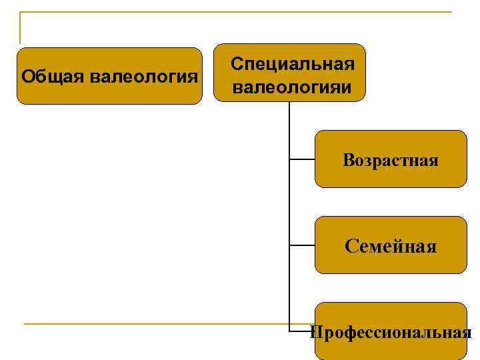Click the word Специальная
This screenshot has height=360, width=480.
(292, 64)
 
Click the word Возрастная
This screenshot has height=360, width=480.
(391, 161)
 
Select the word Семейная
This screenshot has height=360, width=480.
(391, 247)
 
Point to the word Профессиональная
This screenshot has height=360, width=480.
(391, 332)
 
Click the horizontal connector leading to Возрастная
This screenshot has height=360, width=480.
(302, 159)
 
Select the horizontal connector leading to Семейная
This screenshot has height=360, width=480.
(302, 245)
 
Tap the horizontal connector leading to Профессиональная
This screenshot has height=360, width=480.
(300, 330)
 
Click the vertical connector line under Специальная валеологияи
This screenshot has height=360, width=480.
(289, 200)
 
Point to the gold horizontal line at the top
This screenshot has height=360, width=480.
(233, 12)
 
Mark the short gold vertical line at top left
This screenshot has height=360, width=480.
(20, 27)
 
